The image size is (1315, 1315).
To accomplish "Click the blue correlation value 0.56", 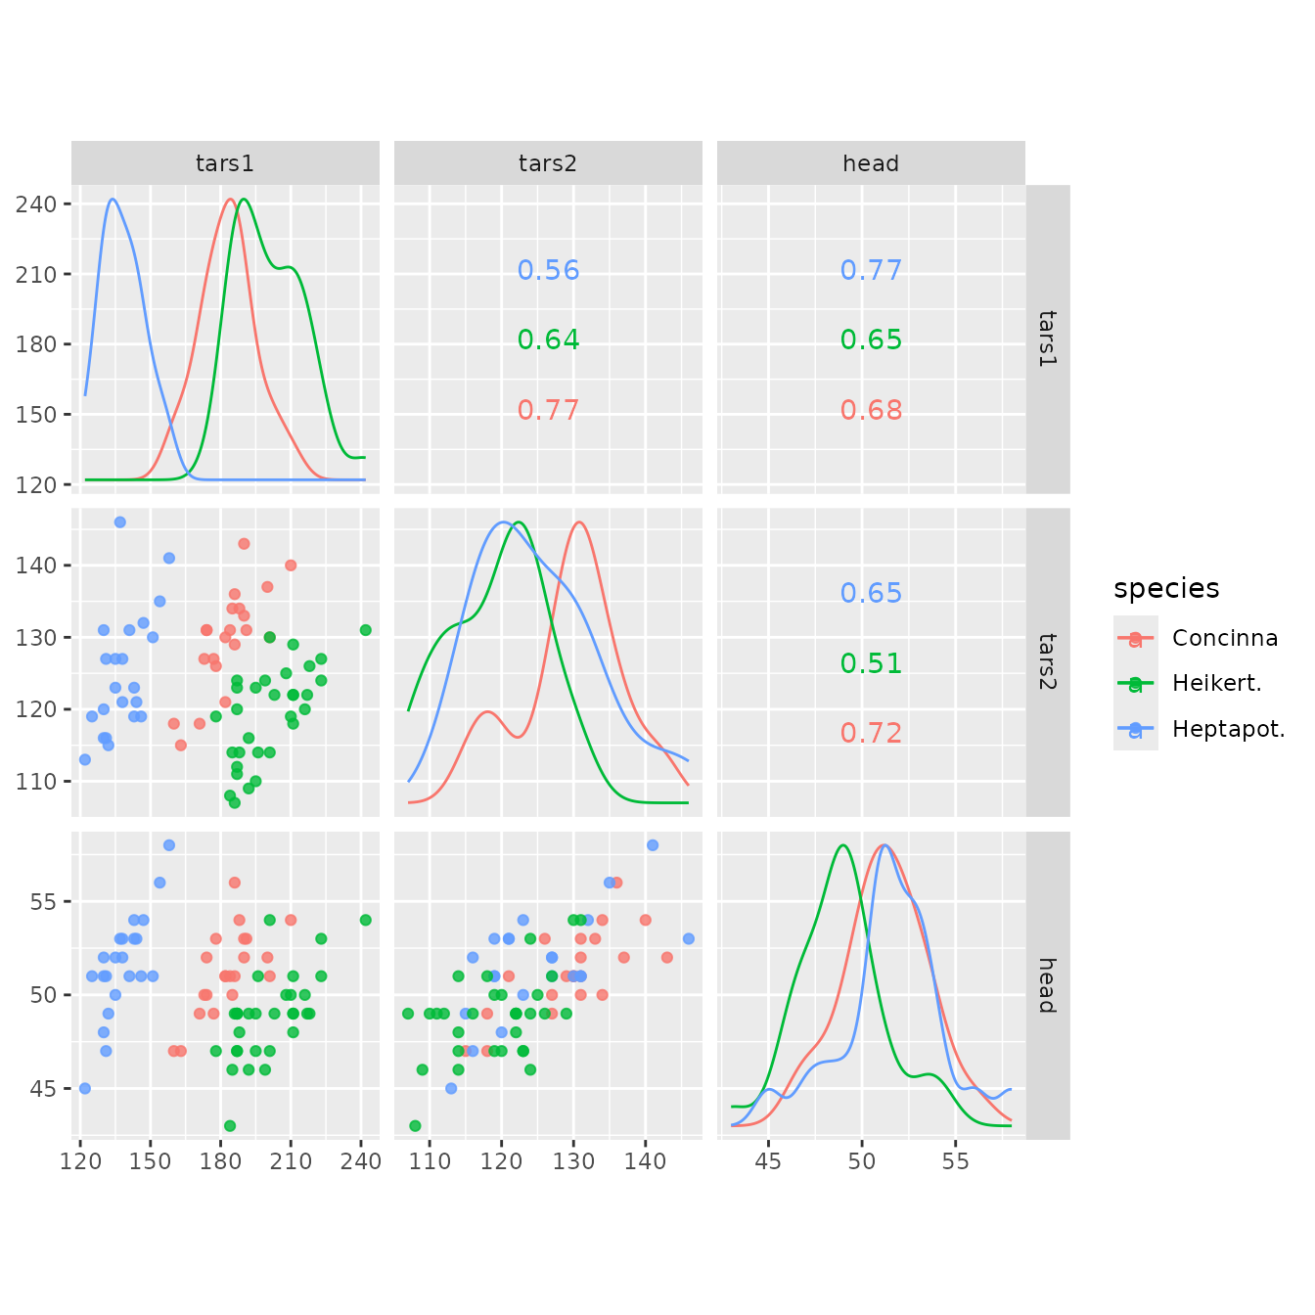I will pos(548,270).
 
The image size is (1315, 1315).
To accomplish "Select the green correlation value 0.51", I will pos(871,663).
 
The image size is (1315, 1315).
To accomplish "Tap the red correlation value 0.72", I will pos(871,733).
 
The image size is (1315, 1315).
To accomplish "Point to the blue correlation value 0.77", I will pos(871,270).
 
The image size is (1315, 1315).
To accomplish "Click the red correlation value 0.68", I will pos(871,410).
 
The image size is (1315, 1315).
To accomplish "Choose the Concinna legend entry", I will pos(1224,638).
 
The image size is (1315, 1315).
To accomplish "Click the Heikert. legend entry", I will pos(1216,683).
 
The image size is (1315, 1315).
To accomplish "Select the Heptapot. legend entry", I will pos(1228,729).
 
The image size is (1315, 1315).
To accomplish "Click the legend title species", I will pos(1166,588).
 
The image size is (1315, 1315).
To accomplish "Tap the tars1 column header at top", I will pos(225,163).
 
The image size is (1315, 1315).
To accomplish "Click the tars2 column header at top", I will pos(548,163).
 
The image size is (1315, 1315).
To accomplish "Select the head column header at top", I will pos(871,163).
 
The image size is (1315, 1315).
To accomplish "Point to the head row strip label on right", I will pos(1047,985).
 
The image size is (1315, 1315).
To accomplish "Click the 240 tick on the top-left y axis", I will pos(36,204).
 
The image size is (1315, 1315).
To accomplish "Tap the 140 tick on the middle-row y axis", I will pos(36,566).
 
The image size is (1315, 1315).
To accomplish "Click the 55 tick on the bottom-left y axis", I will pos(44,901).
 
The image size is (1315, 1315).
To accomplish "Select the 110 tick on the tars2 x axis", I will pos(430,1161).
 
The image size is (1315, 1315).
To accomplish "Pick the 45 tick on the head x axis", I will pos(769,1161).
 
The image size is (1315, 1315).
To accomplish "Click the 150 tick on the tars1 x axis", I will pos(151,1161).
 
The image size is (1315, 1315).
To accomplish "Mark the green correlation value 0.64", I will pos(548,340).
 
